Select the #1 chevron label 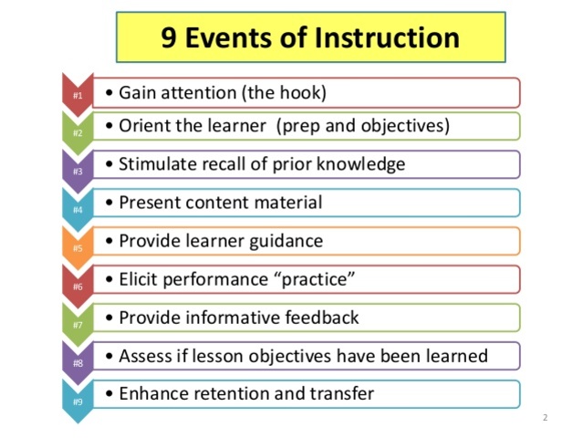coord(78,95)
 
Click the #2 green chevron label coord(78,132)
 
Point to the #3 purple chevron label coord(78,171)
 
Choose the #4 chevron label coord(78,209)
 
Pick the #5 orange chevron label coord(78,247)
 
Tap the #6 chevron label coord(78,286)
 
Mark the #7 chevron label coord(78,324)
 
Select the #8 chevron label coord(78,362)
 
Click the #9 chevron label coord(78,401)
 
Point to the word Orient coord(141,126)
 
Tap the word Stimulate coord(154,164)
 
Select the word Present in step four coord(147,203)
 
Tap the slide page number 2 coord(544,418)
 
